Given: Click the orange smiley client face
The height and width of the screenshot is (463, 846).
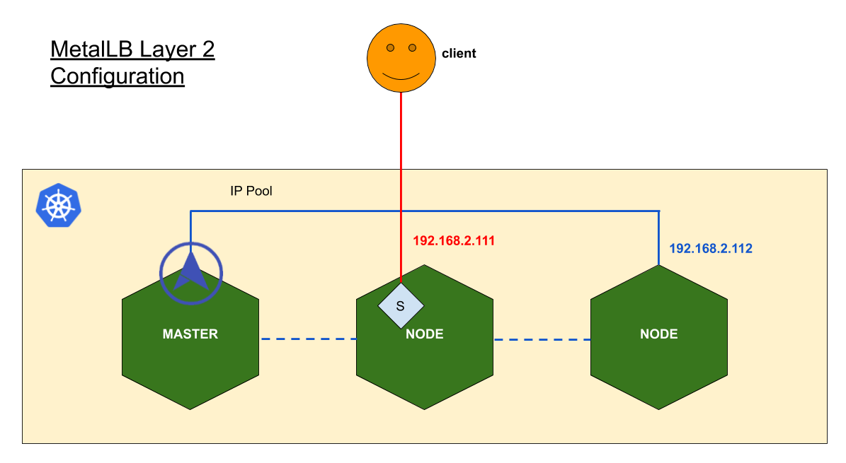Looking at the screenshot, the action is coord(401,58).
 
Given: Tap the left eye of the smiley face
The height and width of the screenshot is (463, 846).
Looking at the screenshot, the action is coord(391,48).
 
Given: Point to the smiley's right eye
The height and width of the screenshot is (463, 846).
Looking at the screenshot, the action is coord(412,48).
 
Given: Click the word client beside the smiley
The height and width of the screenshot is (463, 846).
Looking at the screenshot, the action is coord(459,53).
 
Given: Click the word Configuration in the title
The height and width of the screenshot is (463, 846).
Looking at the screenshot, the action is coord(118,76).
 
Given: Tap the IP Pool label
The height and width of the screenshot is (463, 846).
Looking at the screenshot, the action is coord(251,191).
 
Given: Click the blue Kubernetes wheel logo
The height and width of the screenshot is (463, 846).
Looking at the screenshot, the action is coord(58,206).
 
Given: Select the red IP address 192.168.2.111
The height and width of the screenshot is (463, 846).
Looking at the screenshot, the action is coord(454,241).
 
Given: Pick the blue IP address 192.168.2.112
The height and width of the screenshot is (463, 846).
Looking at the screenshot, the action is coord(711,249).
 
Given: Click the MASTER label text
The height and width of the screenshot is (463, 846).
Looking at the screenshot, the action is coord(190,334).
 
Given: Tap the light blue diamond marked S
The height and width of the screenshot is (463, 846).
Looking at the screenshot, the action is coord(401,305).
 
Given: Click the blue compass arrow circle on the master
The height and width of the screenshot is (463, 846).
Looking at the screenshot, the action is coord(191,274).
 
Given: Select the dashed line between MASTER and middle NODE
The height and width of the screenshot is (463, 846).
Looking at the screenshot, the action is coord(309,339).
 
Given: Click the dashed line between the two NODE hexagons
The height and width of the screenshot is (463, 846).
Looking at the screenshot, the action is coord(542,339).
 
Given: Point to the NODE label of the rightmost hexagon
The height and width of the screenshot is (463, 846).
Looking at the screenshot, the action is coord(659,334).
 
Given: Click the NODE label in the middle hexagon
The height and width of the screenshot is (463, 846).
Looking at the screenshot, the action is coord(425,334).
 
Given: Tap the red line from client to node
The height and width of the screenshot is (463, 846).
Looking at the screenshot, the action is coord(401,187).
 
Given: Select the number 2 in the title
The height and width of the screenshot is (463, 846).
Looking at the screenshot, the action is coord(208,49).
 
